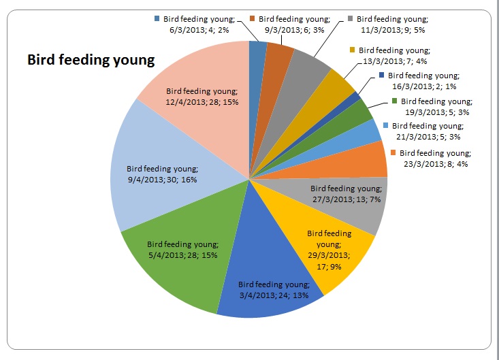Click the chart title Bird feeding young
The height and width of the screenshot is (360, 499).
[91, 60]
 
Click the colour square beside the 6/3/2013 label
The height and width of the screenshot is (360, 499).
[158, 19]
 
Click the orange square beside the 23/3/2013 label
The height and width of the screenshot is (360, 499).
[393, 152]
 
